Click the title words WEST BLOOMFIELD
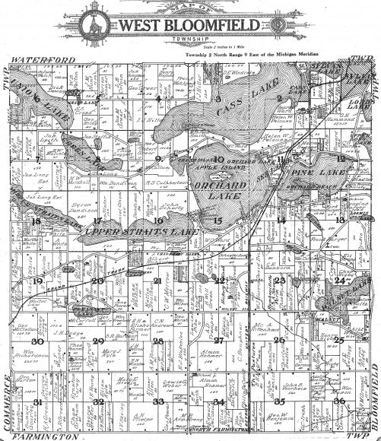pyautogui.click(x=190, y=27)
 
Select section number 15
pyautogui.click(x=217, y=220)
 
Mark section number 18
pyautogui.click(x=37, y=220)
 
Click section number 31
pyautogui.click(x=37, y=401)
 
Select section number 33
pyautogui.click(x=157, y=401)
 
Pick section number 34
pyautogui.click(x=218, y=401)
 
